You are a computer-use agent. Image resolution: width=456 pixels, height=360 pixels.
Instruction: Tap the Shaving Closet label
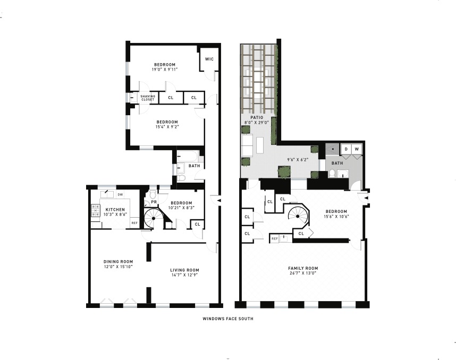(x=147, y=98)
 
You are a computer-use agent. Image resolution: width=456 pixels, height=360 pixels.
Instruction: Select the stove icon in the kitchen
(x=96, y=211)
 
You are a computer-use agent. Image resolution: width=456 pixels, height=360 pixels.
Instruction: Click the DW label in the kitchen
(x=120, y=194)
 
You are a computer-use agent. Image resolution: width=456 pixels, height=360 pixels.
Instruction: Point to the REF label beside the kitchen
(x=134, y=223)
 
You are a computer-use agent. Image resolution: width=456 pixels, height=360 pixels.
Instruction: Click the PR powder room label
(x=154, y=202)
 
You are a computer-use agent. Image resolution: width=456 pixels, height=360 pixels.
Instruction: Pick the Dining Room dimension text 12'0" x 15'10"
(x=118, y=267)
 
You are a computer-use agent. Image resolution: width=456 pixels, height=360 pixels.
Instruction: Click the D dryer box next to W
(x=346, y=149)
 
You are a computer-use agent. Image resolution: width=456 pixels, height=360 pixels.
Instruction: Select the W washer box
(x=357, y=149)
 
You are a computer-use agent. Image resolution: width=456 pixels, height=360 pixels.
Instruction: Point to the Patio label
(x=257, y=117)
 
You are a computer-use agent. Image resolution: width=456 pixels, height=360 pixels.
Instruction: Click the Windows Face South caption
(x=227, y=319)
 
